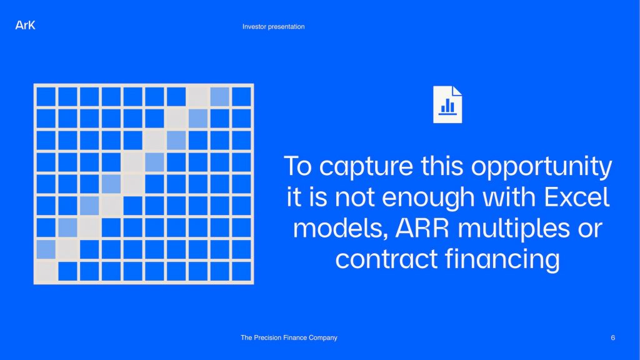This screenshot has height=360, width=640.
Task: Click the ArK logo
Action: (x=25, y=25)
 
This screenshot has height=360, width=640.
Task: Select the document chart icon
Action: (x=447, y=104)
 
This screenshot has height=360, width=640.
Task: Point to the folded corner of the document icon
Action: (x=457, y=91)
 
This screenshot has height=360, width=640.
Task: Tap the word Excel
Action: (x=576, y=197)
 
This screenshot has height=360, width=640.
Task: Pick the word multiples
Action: (x=514, y=229)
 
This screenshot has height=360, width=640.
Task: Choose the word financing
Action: (x=502, y=259)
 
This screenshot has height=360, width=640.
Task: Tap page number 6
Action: (x=612, y=337)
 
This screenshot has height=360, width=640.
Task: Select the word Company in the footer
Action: (x=323, y=338)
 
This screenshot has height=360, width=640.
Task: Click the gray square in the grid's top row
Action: (x=198, y=97)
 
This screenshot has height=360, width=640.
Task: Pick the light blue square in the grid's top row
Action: (x=219, y=97)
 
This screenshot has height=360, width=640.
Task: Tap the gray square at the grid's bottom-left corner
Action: (x=46, y=271)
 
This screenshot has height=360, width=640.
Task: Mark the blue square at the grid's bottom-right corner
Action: (x=242, y=271)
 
